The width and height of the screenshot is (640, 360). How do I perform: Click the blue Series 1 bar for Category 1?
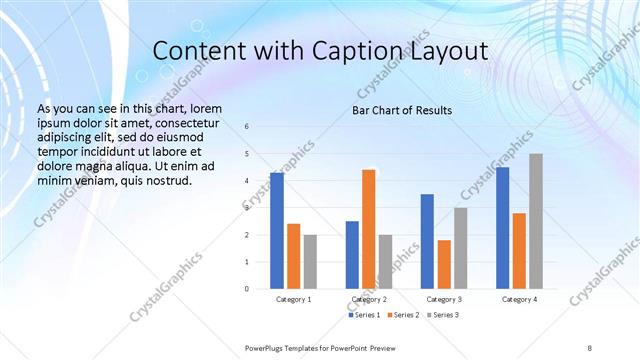coord(276,231)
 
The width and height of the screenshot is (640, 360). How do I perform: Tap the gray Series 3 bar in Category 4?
coord(536,221)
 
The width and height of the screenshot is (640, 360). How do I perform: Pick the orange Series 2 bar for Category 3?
coord(445,264)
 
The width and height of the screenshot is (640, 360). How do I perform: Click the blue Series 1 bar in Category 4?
coord(503,228)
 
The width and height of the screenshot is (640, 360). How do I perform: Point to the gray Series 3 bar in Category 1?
coord(310,262)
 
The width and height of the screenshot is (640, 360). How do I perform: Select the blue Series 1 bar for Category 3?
coord(427,241)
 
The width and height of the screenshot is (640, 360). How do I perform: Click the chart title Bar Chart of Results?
coord(402,110)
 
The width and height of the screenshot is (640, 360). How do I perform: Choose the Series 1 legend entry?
coord(363,315)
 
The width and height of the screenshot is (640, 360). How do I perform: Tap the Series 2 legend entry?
coord(402,315)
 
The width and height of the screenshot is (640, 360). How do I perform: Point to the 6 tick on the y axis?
coord(247,127)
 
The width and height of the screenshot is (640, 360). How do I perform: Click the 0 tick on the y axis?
coord(247,289)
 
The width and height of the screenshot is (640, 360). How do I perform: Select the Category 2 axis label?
coord(369,299)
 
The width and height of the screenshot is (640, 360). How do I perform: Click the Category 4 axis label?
coord(519,299)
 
